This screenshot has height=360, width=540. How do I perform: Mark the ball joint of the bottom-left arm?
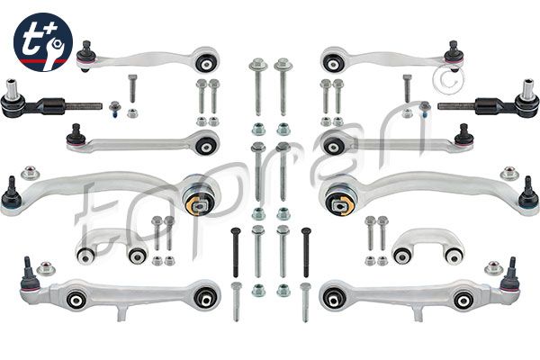[29, 274]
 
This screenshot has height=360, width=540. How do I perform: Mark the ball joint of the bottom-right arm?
[510, 274]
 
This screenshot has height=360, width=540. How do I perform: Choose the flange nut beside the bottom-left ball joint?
[48, 268]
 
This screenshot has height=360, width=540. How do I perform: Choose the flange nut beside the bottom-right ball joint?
[492, 268]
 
